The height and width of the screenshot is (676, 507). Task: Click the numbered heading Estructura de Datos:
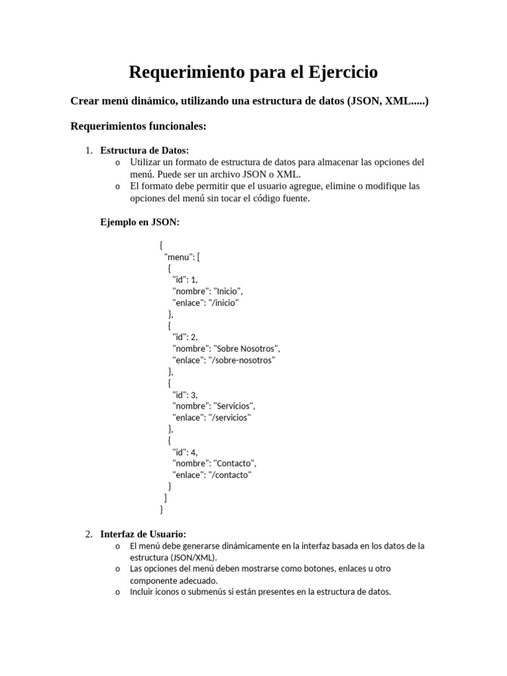pyautogui.click(x=145, y=151)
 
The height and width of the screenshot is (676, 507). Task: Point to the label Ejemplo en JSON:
pyautogui.click(x=139, y=222)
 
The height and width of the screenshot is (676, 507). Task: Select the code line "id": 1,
pyautogui.click(x=185, y=280)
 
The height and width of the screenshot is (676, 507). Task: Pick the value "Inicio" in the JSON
pyautogui.click(x=228, y=291)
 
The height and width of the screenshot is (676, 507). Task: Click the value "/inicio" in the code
pyautogui.click(x=223, y=302)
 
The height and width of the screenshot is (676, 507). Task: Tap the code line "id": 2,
pyautogui.click(x=185, y=337)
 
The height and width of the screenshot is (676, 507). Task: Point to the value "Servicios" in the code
pyautogui.click(x=234, y=405)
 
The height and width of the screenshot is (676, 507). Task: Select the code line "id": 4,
pyautogui.click(x=185, y=452)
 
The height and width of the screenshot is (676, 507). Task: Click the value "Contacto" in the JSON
pyautogui.click(x=235, y=463)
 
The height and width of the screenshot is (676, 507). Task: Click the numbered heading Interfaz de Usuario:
pyautogui.click(x=143, y=533)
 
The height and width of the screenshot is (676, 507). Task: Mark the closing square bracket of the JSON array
pyautogui.click(x=165, y=498)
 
